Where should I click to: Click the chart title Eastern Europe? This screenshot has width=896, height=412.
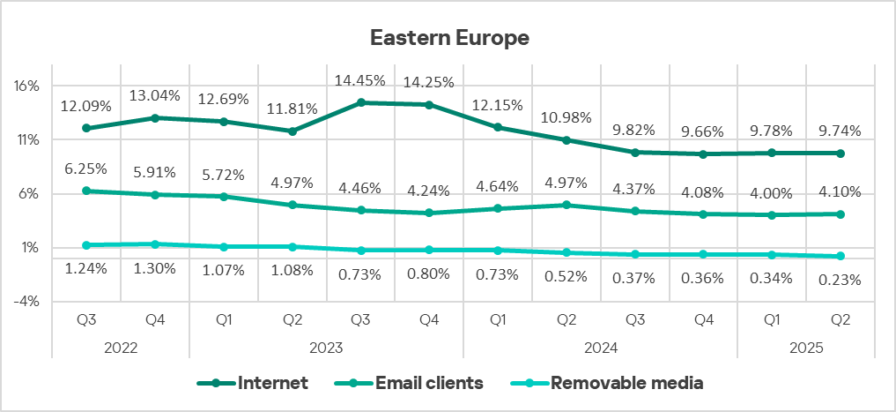tap(448, 38)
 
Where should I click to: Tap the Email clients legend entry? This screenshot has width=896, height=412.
tap(428, 383)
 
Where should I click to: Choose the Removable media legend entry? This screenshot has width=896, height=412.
tap(626, 383)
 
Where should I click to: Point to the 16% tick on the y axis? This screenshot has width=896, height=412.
tap(27, 86)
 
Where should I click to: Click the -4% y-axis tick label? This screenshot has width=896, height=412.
tap(27, 302)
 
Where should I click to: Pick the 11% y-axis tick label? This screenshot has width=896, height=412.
tap(27, 140)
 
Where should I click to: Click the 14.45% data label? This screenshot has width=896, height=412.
tap(360, 81)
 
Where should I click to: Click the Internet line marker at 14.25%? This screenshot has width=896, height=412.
tap(428, 105)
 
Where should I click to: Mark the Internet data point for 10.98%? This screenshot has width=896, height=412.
tap(566, 140)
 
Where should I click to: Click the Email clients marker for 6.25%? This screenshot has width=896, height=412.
tap(86, 191)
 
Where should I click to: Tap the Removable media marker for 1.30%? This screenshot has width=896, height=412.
tap(154, 244)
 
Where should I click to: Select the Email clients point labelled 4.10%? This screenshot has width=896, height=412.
tap(840, 214)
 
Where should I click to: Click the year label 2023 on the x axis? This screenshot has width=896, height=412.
tap(326, 348)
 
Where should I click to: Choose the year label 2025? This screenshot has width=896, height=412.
tap(805, 348)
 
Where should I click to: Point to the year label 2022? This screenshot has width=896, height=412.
tap(121, 348)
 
